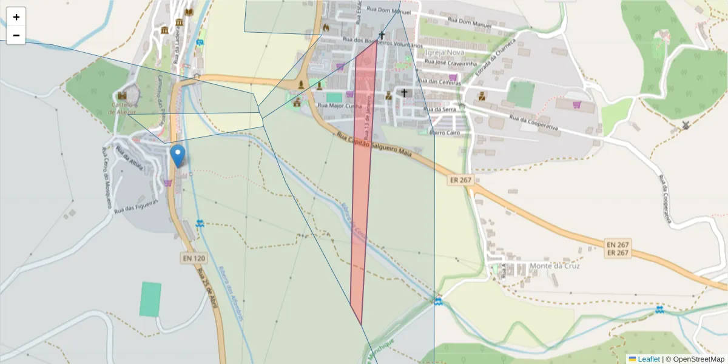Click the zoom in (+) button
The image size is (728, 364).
pyautogui.click(x=16, y=17)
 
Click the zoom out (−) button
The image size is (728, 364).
pyautogui.click(x=16, y=35)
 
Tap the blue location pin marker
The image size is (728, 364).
pyautogui.click(x=178, y=155)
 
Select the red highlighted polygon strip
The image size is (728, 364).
pyautogui.click(x=362, y=182)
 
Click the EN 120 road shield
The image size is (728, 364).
pyautogui.click(x=194, y=258)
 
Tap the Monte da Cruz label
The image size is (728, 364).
pyautogui.click(x=554, y=266)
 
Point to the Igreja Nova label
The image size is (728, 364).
pyautogui.click(x=445, y=52)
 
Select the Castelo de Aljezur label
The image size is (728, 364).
pyautogui.click(x=123, y=109)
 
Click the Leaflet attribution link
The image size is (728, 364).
pyautogui.click(x=648, y=359)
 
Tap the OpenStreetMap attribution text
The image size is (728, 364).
pyautogui.click(x=698, y=359)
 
